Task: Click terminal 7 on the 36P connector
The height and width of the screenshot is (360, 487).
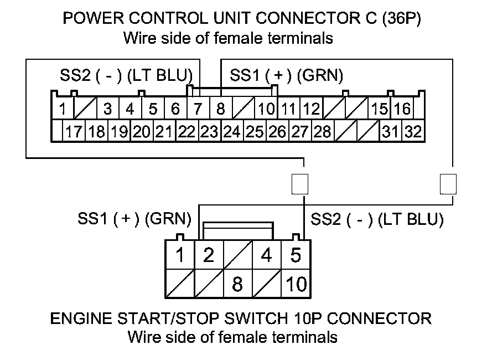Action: pyautogui.click(x=198, y=109)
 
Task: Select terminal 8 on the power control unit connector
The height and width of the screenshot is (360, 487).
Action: pyautogui.click(x=220, y=109)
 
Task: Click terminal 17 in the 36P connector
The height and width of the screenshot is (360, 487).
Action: pyautogui.click(x=74, y=132)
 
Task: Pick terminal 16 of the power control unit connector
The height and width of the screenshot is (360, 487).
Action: pyautogui.click(x=403, y=109)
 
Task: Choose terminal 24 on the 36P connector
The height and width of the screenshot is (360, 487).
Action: pyautogui.click(x=232, y=132)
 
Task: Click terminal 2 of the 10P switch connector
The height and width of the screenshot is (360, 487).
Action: pyautogui.click(x=208, y=255)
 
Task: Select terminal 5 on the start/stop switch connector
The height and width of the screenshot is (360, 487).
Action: pyautogui.click(x=296, y=255)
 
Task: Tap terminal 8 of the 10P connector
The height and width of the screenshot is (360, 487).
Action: pyautogui.click(x=237, y=284)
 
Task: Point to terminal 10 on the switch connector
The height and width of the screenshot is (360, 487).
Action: pyautogui.click(x=296, y=284)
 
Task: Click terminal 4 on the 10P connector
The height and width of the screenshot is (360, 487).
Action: pyautogui.click(x=267, y=255)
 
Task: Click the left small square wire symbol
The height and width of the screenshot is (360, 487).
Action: pyautogui.click(x=299, y=183)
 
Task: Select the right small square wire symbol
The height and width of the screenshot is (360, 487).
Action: pyautogui.click(x=448, y=183)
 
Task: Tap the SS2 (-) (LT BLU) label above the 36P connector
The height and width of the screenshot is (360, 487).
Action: pyautogui.click(x=126, y=76)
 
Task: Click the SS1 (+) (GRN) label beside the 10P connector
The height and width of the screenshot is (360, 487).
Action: pyautogui.click(x=134, y=220)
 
